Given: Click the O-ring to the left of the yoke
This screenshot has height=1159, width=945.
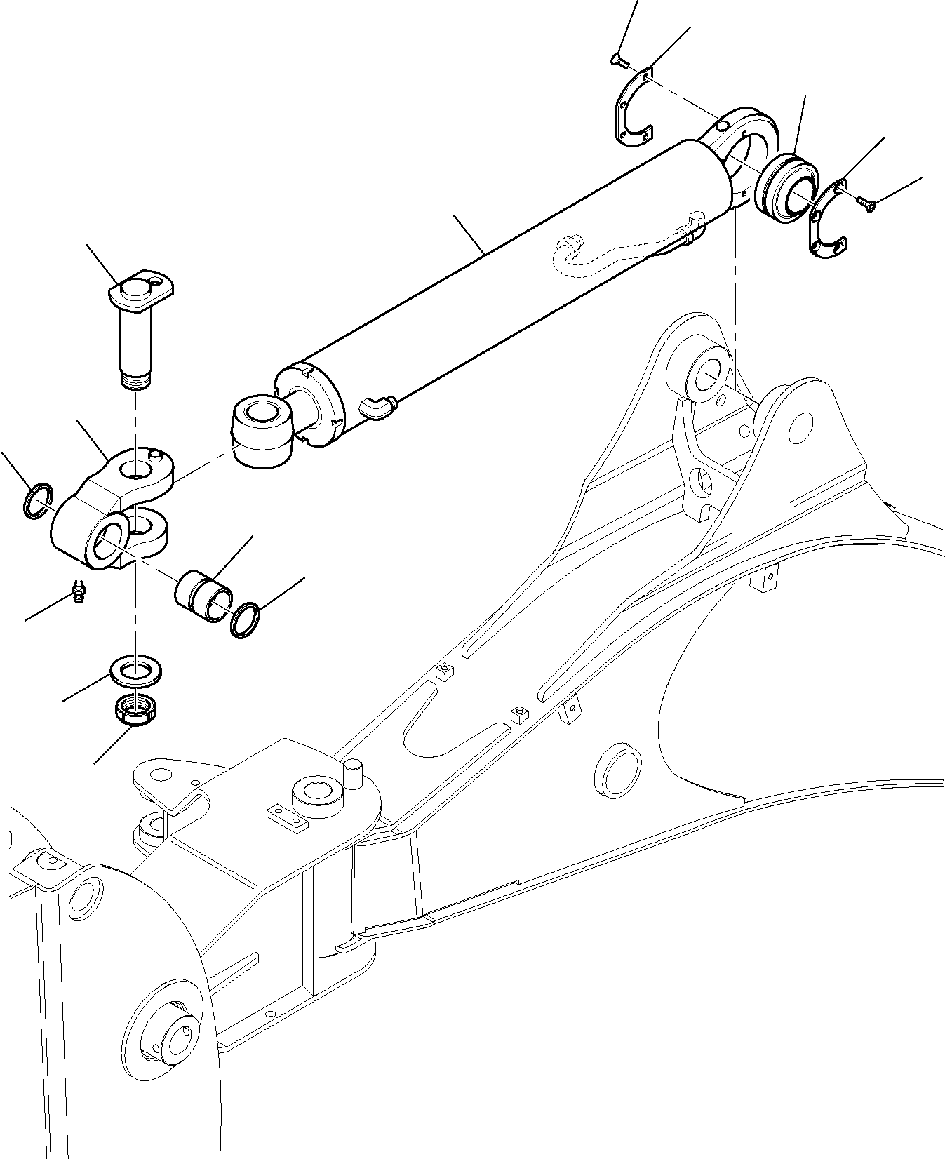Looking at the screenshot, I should (36, 500).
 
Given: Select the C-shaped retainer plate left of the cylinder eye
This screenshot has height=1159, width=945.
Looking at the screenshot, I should (631, 109).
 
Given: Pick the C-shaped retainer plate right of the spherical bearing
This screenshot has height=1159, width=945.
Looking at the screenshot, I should (828, 220).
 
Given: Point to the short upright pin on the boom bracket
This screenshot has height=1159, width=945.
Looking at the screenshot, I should (353, 772).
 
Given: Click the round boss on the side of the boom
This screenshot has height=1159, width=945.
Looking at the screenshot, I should (617, 770).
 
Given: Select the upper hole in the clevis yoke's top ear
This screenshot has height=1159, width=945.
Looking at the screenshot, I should (138, 466).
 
